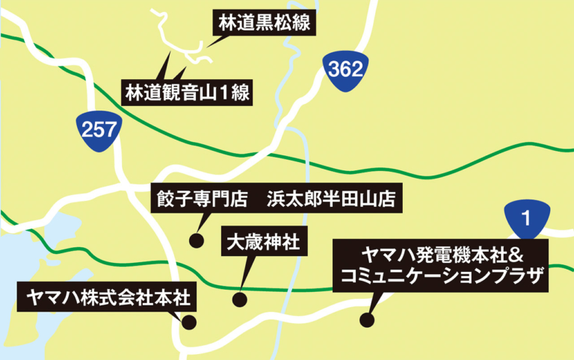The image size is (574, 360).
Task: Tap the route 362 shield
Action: [x=345, y=72]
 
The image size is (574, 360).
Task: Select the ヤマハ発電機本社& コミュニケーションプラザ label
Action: [x=444, y=265]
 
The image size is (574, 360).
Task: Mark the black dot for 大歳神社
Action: [x=239, y=300]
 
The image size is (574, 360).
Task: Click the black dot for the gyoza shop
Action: [x=196, y=240]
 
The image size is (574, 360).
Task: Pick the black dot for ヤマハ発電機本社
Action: [x=365, y=320]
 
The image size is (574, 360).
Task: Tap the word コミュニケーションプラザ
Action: [x=444, y=277]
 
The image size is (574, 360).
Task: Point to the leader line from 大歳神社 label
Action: [x=244, y=276]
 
